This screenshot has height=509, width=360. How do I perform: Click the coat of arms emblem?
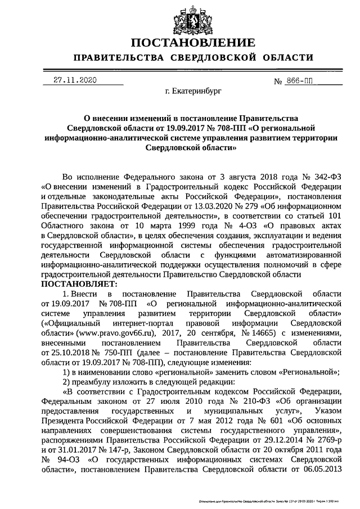click(x=179, y=17)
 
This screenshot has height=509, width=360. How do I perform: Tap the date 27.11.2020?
click(x=71, y=80)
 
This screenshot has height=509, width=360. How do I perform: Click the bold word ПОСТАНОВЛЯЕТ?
click(x=75, y=284)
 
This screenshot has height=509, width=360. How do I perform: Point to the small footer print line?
click(x=276, y=499)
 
